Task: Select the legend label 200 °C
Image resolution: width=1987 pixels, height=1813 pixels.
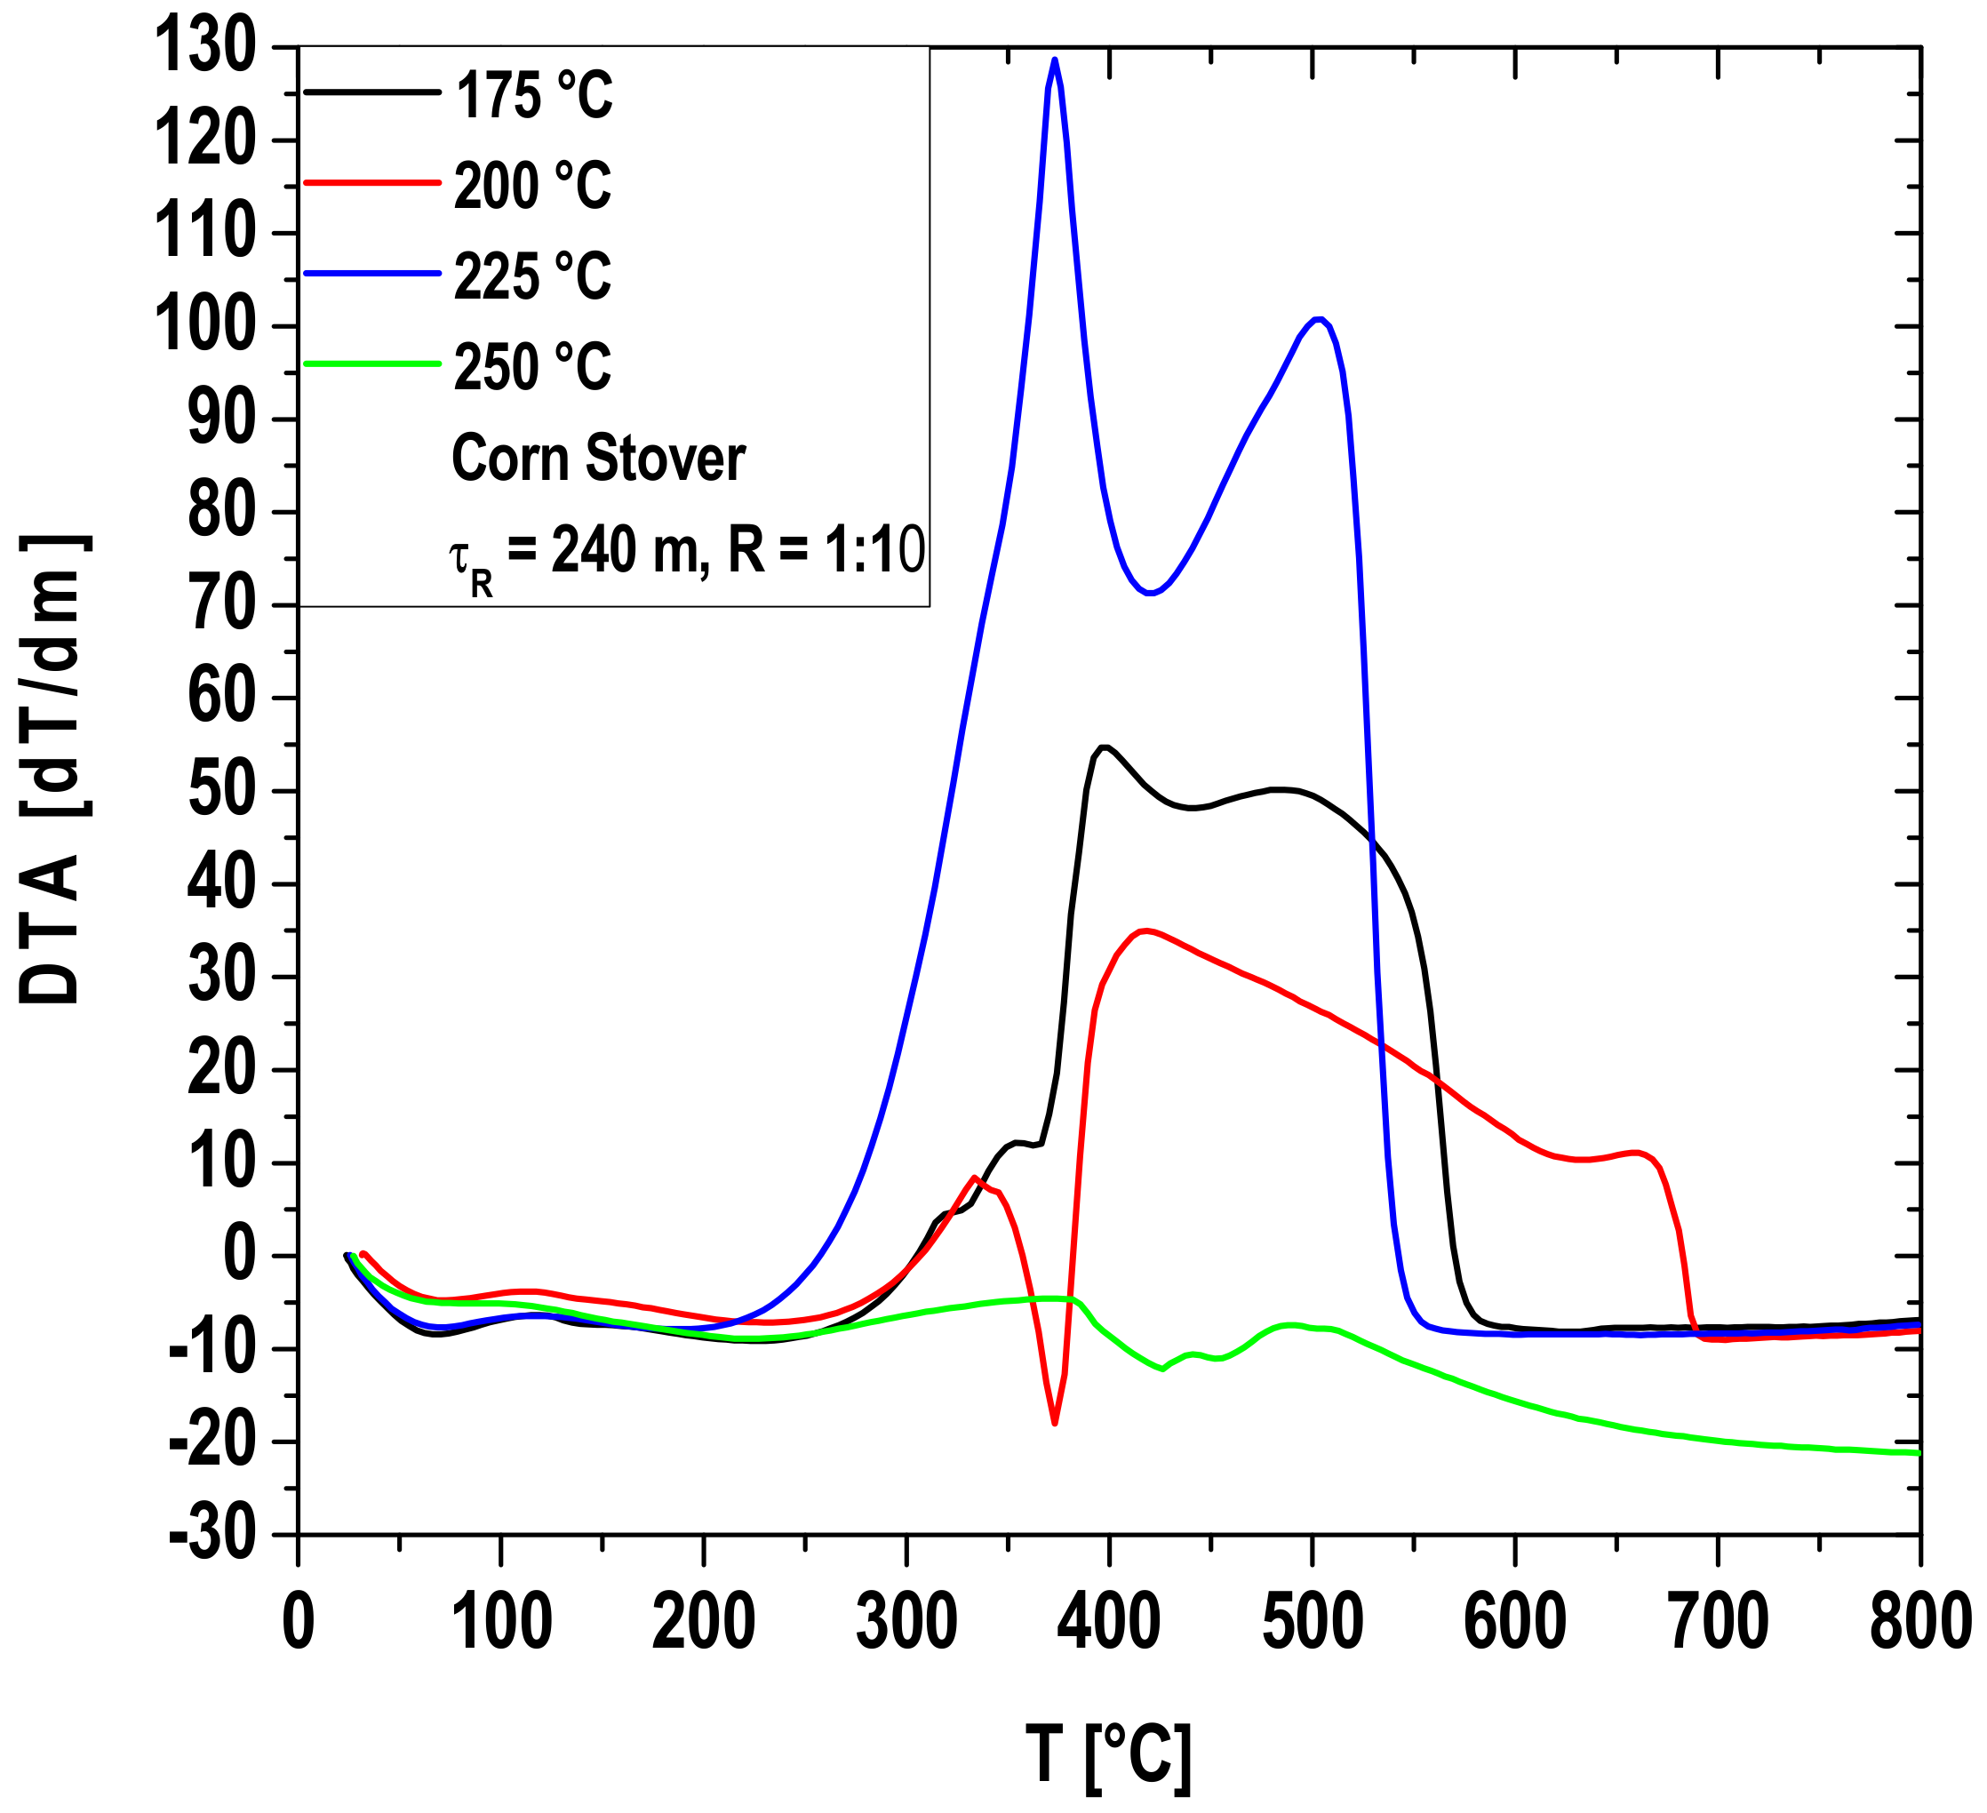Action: tap(532, 186)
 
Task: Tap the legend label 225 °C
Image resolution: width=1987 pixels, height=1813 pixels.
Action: tap(532, 276)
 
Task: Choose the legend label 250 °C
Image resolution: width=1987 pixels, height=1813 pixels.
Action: tap(532, 367)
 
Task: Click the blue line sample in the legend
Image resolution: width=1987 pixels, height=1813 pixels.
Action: tap(371, 273)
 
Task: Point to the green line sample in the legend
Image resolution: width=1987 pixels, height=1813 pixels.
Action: tap(371, 363)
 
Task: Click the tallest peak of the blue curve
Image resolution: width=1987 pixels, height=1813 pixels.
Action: tap(1055, 60)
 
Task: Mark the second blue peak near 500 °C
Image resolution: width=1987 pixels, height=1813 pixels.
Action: tap(1319, 318)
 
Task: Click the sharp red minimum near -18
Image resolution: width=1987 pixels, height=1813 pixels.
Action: tap(1055, 1423)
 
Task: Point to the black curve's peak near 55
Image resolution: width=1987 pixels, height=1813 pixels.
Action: tap(1105, 747)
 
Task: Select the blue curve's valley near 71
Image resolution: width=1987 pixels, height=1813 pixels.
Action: tap(1149, 593)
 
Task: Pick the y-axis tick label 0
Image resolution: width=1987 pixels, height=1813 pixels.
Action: tap(240, 1256)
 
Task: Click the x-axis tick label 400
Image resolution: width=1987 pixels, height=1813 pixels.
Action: tap(1109, 1622)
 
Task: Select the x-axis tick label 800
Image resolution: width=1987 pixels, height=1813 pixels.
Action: tap(1917, 1622)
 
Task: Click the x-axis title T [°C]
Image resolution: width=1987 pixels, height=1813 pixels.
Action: tap(1109, 1757)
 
